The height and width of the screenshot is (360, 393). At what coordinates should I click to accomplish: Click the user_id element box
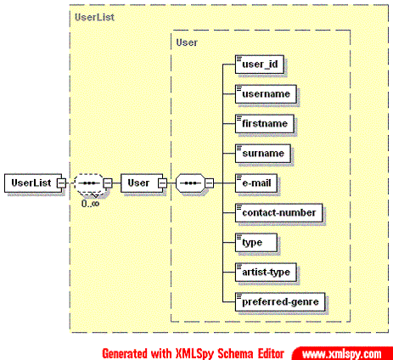coord(260,65)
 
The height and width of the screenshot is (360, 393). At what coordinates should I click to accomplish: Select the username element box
coord(266,94)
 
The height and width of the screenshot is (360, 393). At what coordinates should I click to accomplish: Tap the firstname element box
coord(265,124)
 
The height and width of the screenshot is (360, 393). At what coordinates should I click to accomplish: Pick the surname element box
coord(263,154)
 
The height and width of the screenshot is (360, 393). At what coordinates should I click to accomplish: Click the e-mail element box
coord(256,183)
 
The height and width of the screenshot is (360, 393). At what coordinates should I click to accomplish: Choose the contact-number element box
coord(278,213)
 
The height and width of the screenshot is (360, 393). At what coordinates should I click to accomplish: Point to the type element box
coord(256,243)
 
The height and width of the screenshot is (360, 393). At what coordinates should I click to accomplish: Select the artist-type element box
coord(266,273)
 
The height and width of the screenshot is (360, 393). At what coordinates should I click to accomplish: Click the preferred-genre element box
coord(280,302)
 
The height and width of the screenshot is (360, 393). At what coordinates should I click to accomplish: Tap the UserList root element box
coord(33,183)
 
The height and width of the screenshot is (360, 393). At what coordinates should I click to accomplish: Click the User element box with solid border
coord(142,183)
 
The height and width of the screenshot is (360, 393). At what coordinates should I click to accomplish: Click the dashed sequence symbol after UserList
coord(88,183)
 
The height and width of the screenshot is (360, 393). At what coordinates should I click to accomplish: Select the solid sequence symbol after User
coord(190,183)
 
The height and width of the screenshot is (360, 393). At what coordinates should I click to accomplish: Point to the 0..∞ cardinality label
coord(90,204)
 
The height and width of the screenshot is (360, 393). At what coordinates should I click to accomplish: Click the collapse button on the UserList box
coord(61,183)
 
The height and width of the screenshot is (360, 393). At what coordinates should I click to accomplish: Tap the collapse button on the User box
coord(163,183)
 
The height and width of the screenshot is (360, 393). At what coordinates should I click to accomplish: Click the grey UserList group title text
coord(94,17)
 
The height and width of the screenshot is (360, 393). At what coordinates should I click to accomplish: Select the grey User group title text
coord(187,42)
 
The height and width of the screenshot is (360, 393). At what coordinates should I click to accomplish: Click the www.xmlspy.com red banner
coord(342,353)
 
